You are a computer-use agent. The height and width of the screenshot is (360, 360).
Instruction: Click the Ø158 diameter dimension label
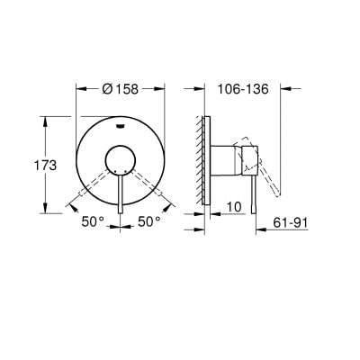pyautogui.click(x=119, y=90)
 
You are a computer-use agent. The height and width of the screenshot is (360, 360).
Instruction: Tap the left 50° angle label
pyautogui.click(x=93, y=220)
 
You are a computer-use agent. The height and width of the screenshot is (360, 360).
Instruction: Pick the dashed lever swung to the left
pyautogui.click(x=94, y=184)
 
